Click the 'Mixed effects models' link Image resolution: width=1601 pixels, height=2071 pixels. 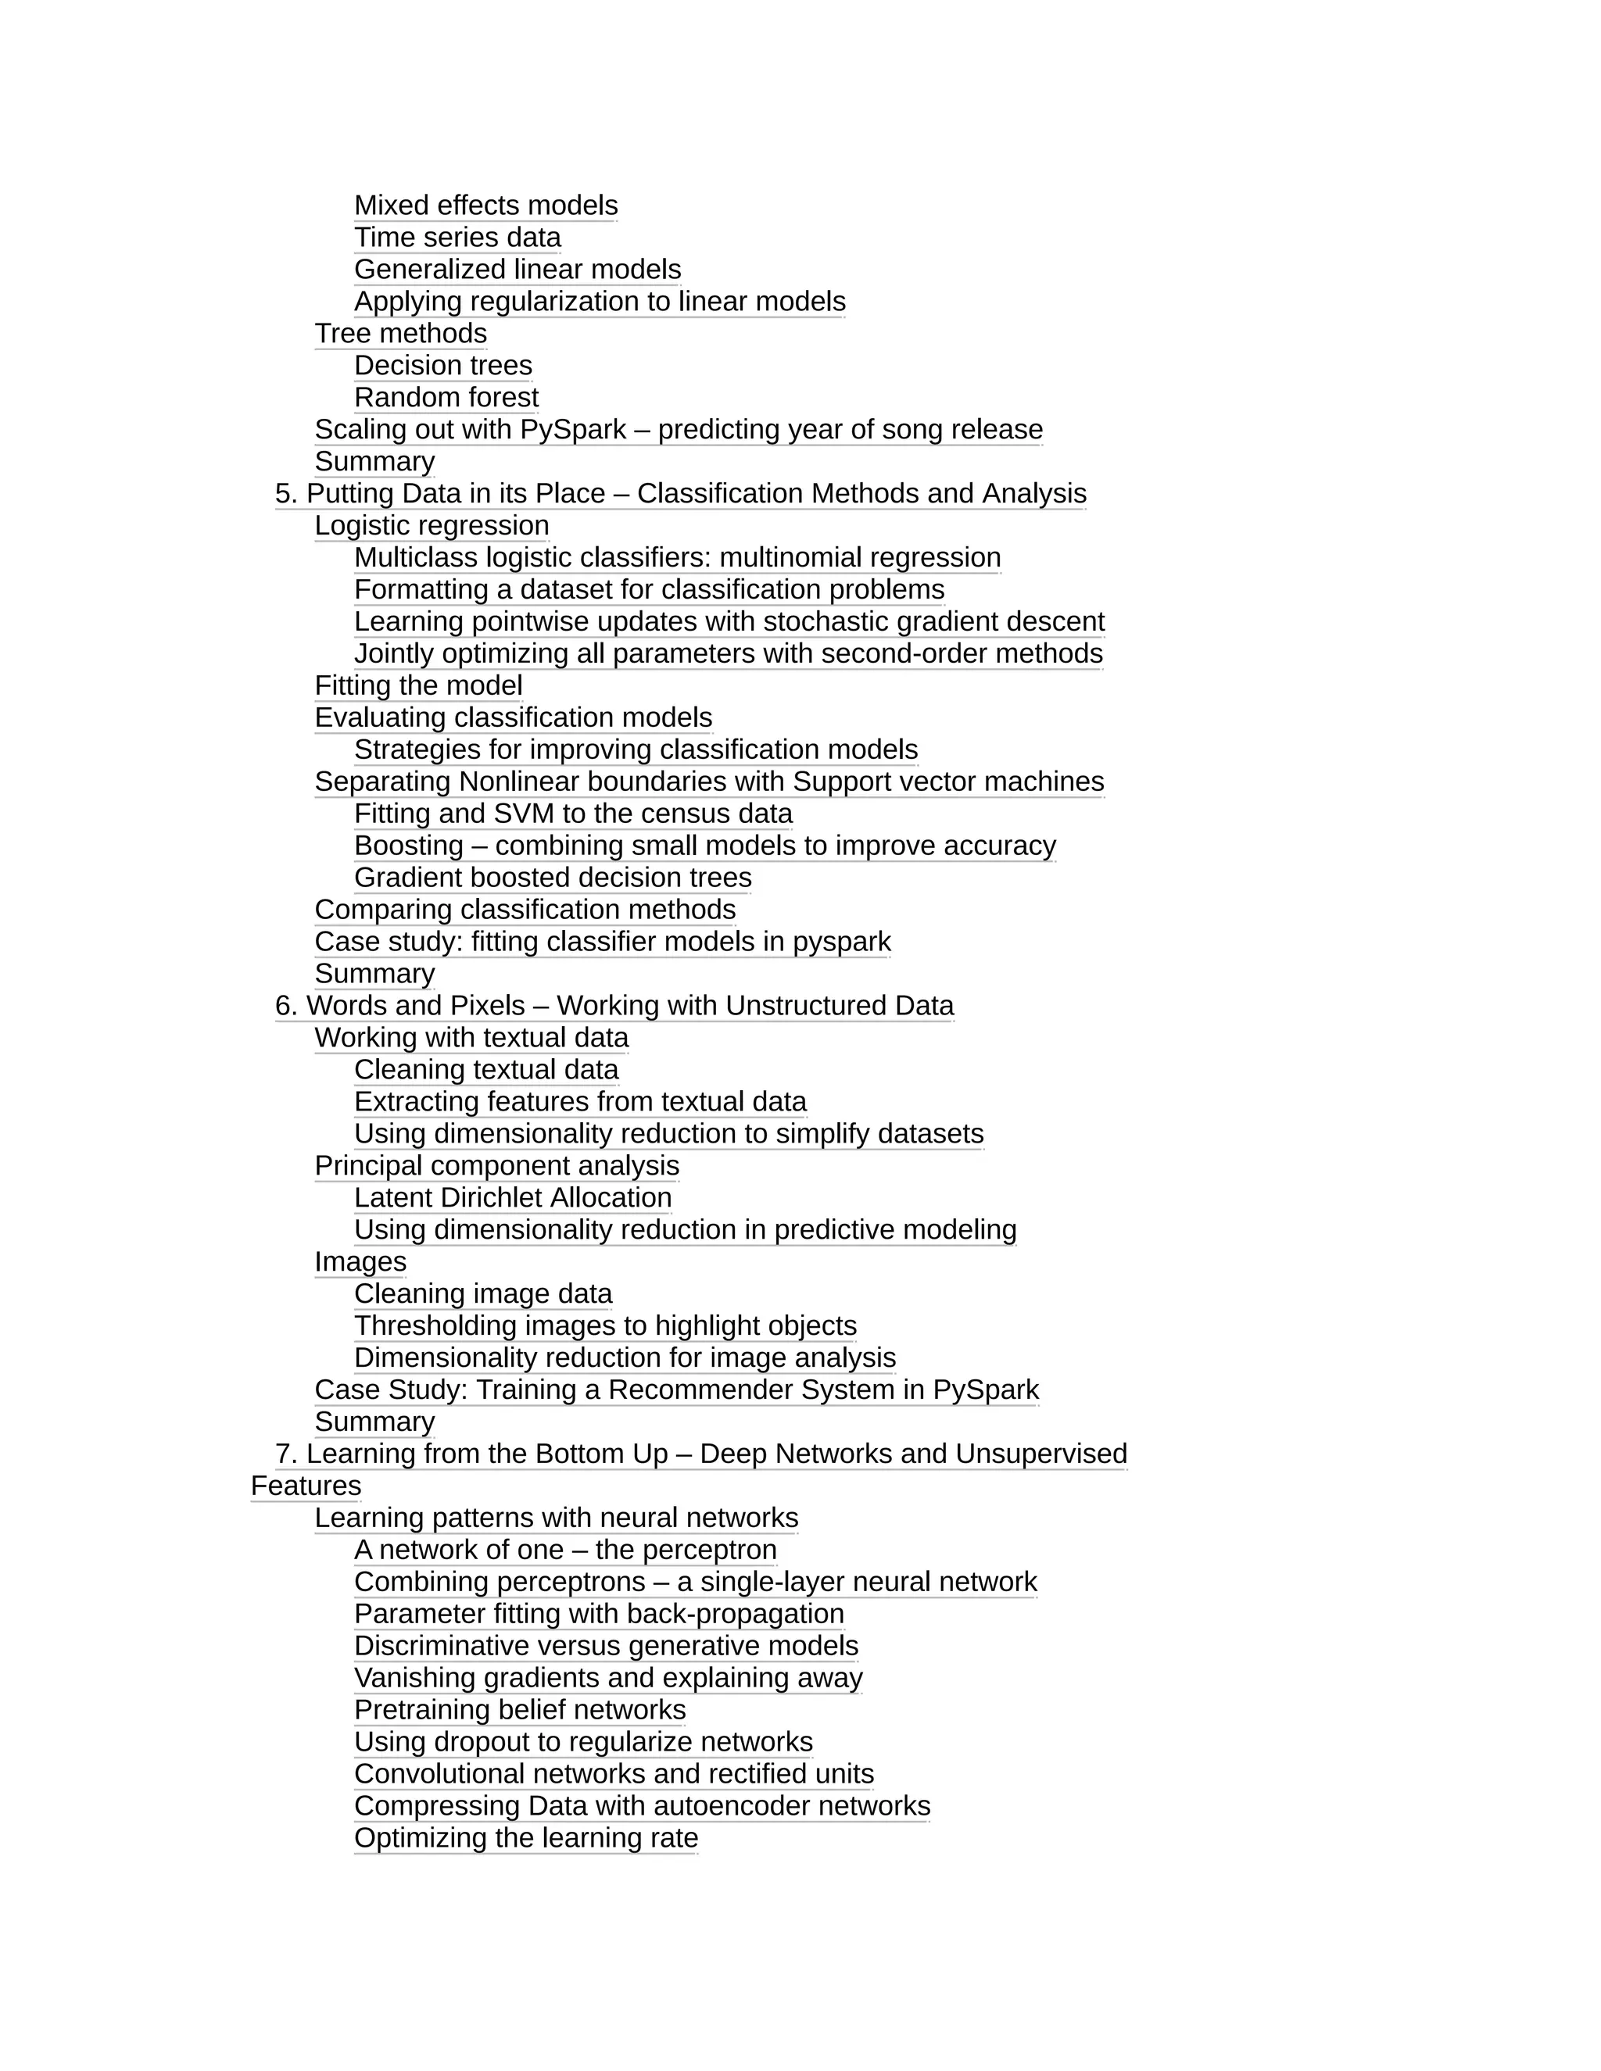(x=485, y=206)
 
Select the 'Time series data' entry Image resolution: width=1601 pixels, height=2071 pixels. (x=457, y=238)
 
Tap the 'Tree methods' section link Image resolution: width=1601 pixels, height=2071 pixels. (x=400, y=334)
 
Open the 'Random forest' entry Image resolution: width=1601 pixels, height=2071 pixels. (x=446, y=397)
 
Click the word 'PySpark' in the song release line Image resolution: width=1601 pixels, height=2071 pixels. (x=573, y=430)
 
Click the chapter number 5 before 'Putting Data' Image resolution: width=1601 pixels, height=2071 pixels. (x=285, y=494)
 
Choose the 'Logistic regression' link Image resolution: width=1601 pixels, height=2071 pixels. (x=432, y=525)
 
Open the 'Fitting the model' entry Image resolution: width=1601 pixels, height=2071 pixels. (x=418, y=685)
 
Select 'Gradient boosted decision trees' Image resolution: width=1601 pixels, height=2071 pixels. (x=553, y=878)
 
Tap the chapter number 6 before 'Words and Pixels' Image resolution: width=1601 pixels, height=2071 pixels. (x=285, y=1006)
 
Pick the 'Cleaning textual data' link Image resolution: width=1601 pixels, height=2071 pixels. (x=485, y=1070)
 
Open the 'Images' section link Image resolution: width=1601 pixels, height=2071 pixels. (x=360, y=1262)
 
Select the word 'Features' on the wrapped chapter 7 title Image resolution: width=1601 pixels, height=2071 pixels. (x=306, y=1486)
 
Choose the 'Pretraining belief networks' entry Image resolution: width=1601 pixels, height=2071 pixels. (x=520, y=1710)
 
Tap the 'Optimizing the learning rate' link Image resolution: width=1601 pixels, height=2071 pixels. (x=525, y=1838)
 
